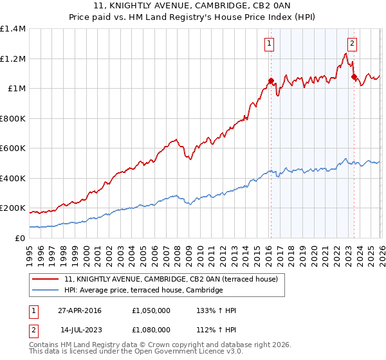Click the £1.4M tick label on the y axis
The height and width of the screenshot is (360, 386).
click(x=13, y=29)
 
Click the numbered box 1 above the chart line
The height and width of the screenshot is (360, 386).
click(x=268, y=44)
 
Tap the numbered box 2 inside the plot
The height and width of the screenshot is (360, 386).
click(x=353, y=44)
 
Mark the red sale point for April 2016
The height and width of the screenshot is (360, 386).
click(x=271, y=81)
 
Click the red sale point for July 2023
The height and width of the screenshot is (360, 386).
click(x=354, y=76)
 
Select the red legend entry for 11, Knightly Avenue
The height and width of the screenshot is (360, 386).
click(x=170, y=279)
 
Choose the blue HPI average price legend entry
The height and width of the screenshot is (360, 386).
click(x=143, y=291)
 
